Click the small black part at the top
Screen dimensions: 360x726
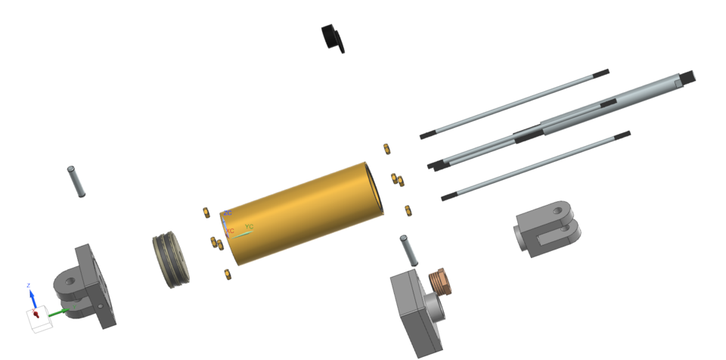point(333,37)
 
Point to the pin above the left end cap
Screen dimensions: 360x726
point(76,181)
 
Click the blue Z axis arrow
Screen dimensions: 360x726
point(32,295)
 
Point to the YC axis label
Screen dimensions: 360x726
point(250,227)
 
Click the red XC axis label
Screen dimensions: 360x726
point(230,230)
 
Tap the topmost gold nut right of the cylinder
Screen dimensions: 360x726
point(386,147)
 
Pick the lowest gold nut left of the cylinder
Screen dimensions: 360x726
point(226,273)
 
